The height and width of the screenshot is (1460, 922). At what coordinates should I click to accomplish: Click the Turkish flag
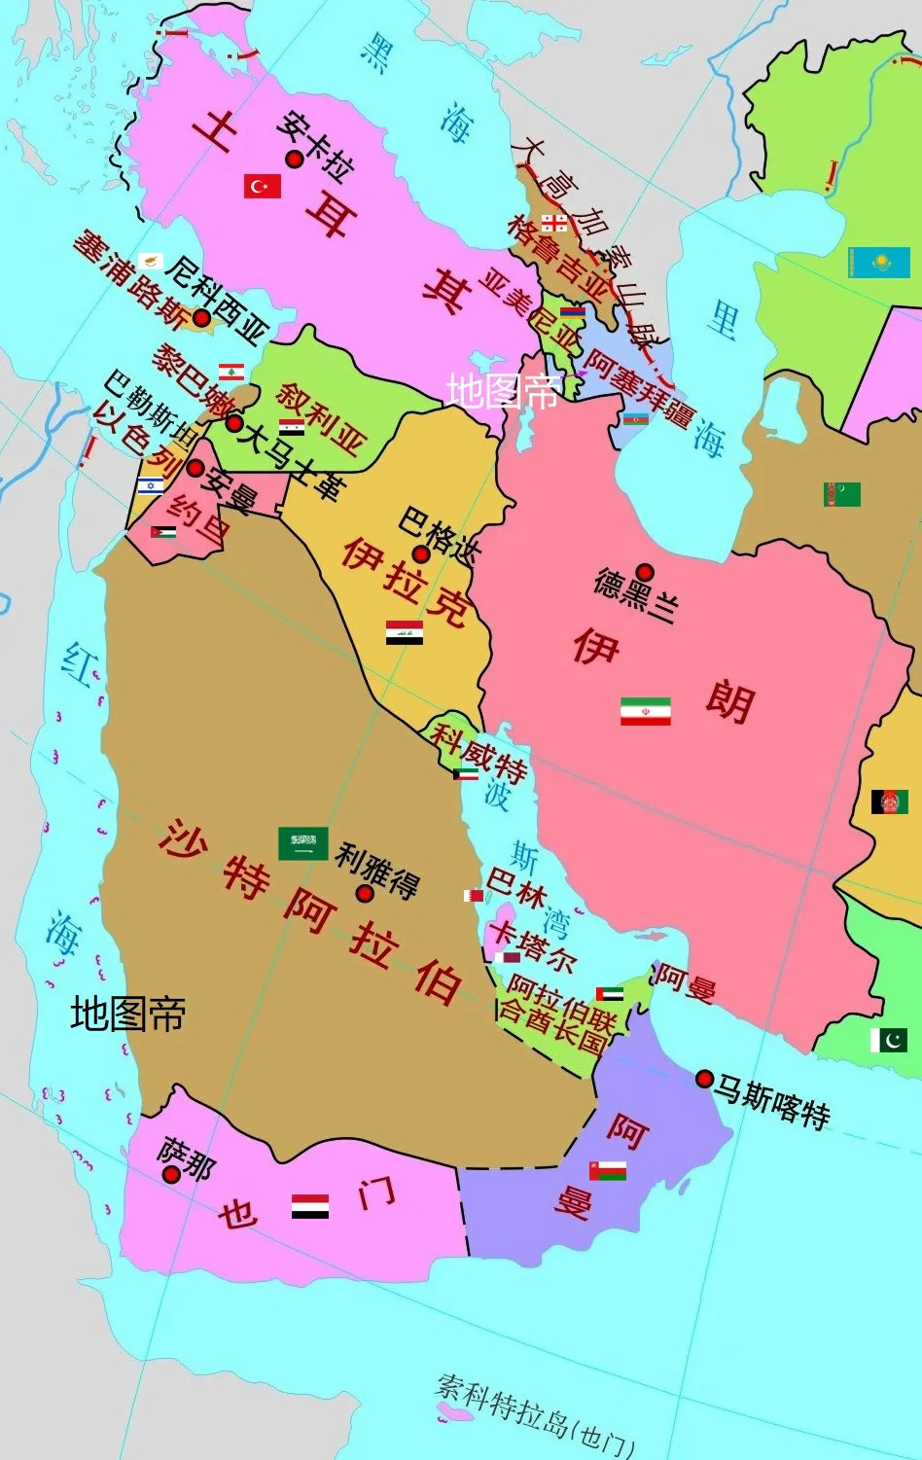point(262,186)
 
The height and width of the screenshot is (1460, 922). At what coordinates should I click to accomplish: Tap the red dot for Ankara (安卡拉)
point(294,159)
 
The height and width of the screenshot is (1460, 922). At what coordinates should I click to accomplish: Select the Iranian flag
point(646,711)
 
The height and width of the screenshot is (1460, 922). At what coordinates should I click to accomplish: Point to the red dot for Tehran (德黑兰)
point(644,572)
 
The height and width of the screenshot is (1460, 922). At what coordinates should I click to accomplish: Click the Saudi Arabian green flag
point(302,843)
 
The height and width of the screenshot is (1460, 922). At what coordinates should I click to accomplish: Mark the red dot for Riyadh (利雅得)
point(365,893)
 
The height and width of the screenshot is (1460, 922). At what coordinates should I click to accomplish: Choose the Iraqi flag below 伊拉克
point(404,633)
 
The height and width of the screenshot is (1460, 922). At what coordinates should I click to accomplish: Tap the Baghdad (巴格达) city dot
point(421,554)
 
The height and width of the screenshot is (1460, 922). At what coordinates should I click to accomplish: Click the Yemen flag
point(310,1206)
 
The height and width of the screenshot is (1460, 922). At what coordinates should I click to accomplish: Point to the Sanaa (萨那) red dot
point(171,1174)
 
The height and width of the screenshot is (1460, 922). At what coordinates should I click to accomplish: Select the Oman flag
point(607,1170)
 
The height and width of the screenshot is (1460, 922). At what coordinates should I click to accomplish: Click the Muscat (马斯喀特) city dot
point(704,1079)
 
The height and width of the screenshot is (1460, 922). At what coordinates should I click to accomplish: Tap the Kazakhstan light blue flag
point(878,263)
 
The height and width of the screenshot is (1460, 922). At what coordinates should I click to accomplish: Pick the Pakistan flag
point(888,1039)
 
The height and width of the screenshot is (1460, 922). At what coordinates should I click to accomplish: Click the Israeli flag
point(150,485)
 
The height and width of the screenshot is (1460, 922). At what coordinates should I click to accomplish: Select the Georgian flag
point(554,223)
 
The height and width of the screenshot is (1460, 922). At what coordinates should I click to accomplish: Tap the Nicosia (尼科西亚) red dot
point(201,317)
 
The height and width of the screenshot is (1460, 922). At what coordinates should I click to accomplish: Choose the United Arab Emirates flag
point(610,994)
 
